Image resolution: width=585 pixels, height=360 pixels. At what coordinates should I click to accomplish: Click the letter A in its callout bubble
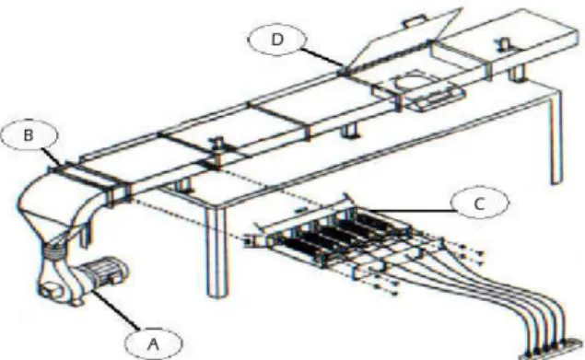[154, 344]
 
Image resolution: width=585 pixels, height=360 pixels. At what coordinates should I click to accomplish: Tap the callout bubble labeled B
[29, 135]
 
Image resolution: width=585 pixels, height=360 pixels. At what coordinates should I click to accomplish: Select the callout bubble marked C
[479, 203]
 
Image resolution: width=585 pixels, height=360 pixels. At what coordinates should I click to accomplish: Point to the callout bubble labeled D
[276, 40]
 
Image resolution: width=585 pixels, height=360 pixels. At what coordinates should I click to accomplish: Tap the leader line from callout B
[51, 157]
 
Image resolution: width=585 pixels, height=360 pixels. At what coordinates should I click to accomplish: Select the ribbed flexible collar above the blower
[56, 249]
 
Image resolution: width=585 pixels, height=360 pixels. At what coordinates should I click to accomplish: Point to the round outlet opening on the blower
[51, 290]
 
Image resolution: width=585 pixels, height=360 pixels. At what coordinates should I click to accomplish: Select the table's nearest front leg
[216, 251]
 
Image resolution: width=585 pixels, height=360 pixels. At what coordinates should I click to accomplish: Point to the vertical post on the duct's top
[216, 152]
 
